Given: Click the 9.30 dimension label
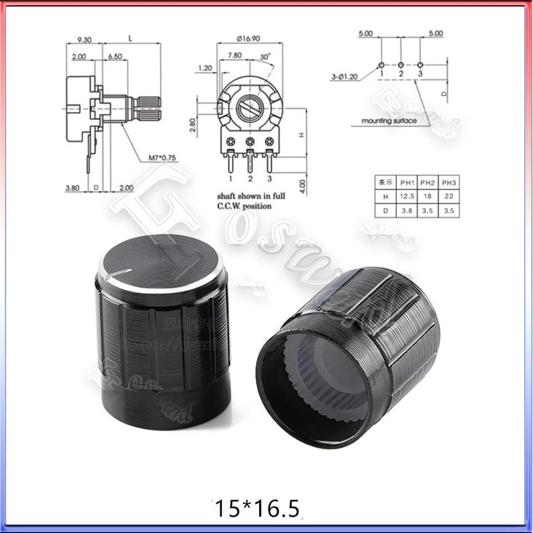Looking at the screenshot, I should click(85, 39).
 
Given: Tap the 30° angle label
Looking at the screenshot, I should click(265, 56).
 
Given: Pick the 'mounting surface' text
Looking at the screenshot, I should click(389, 120).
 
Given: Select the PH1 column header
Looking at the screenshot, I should click(408, 182).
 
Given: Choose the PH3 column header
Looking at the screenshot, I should click(446, 182).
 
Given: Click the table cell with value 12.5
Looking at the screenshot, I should click(408, 197).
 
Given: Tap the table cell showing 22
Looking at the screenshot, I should click(446, 197).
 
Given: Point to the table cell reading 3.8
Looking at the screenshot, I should click(408, 211).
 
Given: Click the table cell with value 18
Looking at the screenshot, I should click(427, 197).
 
